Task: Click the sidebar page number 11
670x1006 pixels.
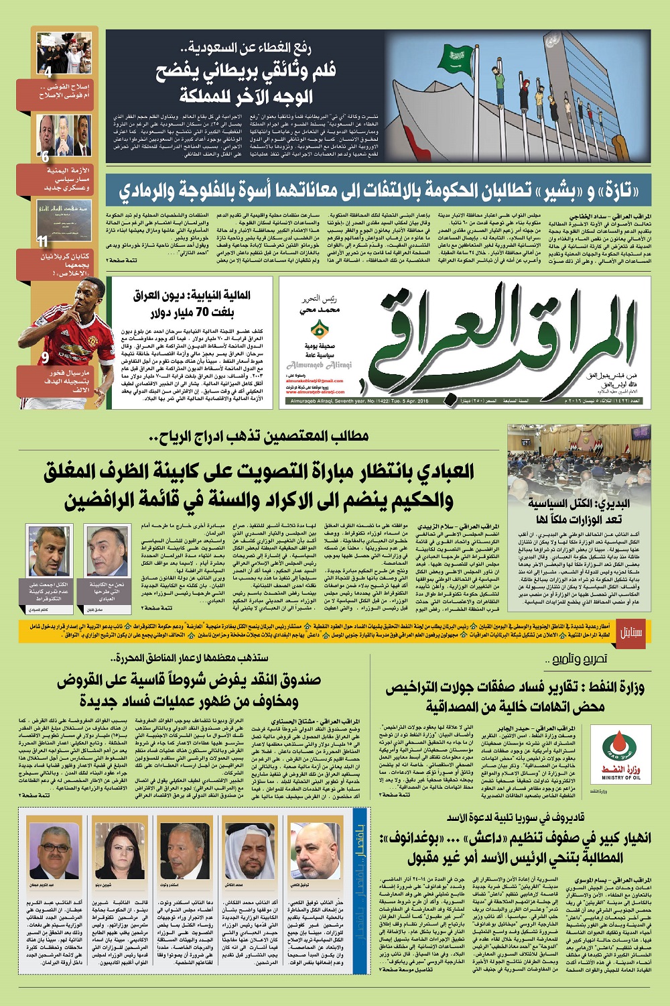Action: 43,241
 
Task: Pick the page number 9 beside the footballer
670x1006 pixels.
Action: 45,358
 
